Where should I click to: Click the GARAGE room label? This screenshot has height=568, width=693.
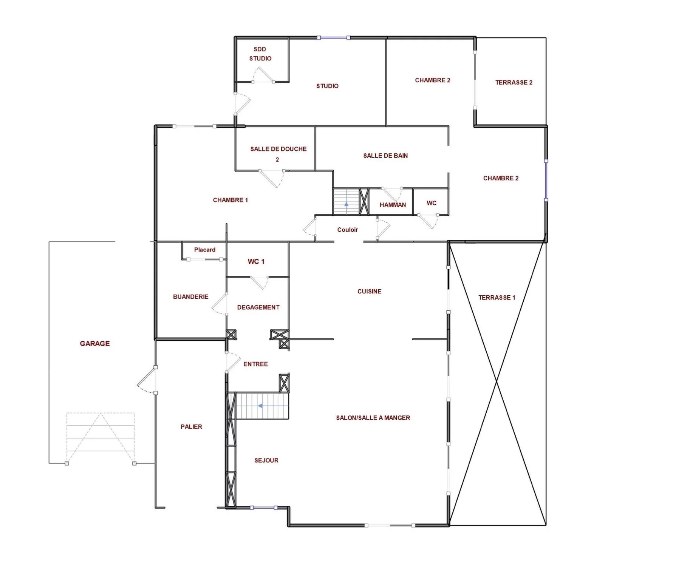click(x=95, y=344)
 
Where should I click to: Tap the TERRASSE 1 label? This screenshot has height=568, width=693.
click(x=497, y=298)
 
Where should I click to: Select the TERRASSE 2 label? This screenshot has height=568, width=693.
click(x=514, y=82)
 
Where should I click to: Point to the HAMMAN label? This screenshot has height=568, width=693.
click(x=393, y=205)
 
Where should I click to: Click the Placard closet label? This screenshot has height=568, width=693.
click(x=205, y=250)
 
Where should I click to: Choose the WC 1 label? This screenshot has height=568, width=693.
click(x=256, y=262)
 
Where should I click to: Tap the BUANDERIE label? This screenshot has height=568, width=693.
click(x=191, y=297)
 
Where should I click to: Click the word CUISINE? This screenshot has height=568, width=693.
click(x=370, y=292)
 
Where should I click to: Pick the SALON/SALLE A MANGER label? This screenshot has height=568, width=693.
click(x=373, y=418)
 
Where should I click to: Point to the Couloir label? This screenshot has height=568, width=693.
click(x=348, y=230)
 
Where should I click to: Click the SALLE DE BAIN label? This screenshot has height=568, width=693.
click(x=385, y=156)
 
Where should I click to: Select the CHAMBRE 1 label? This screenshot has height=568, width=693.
click(x=230, y=200)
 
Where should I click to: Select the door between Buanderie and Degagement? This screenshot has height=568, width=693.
click(x=220, y=304)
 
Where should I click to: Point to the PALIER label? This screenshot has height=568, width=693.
click(x=191, y=427)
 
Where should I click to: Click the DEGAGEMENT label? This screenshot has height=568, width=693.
click(x=258, y=307)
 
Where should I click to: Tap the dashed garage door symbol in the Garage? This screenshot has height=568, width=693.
click(x=101, y=438)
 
